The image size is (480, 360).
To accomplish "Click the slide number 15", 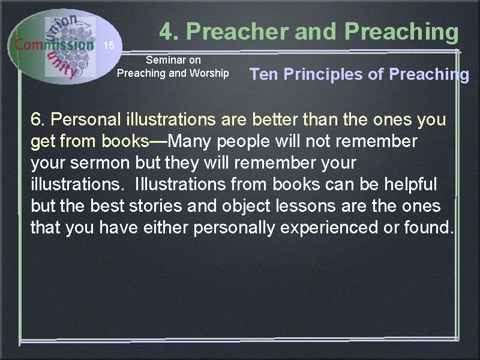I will coord(109,46).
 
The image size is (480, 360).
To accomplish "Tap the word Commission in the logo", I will coord(55,44).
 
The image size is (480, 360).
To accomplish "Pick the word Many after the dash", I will coord(192,141).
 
